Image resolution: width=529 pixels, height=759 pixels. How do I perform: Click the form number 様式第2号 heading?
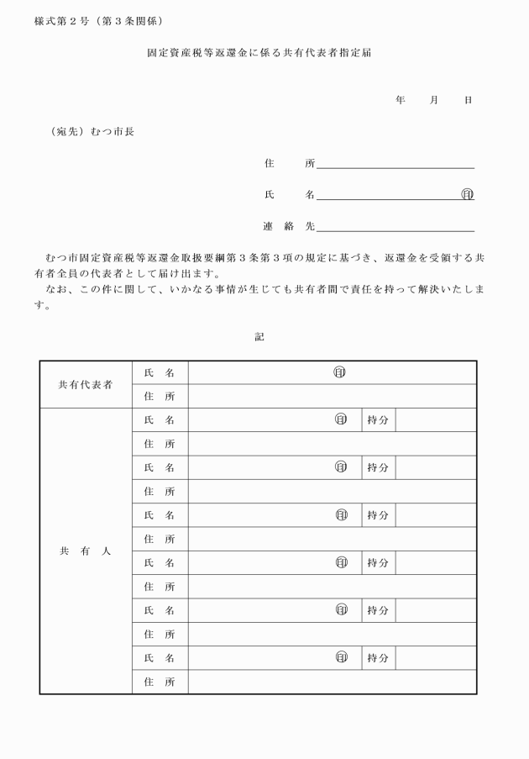(62, 20)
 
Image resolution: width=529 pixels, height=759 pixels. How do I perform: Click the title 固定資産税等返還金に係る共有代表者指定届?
(259, 52)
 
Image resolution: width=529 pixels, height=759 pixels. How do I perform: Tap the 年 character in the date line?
(401, 100)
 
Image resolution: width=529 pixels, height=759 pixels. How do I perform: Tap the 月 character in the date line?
(434, 100)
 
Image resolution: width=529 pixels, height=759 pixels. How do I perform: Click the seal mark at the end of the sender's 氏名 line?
(468, 195)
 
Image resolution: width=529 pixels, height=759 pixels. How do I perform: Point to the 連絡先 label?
(288, 226)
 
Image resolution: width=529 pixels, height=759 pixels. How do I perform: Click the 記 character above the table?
(259, 336)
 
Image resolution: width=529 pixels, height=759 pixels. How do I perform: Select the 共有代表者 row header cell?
(85, 384)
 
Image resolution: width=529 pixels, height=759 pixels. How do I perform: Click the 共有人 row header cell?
(85, 551)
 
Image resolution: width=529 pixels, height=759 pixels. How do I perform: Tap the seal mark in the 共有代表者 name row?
(340, 372)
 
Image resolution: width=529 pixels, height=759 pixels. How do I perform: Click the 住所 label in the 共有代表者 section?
(160, 396)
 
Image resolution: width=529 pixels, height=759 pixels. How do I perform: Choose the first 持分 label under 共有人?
(377, 419)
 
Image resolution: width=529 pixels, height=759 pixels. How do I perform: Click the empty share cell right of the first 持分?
(436, 419)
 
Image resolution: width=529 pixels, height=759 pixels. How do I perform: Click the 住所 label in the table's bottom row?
(160, 682)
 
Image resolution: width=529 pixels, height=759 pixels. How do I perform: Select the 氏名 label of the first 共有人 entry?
(160, 419)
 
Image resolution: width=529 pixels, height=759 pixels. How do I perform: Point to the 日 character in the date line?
(468, 100)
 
